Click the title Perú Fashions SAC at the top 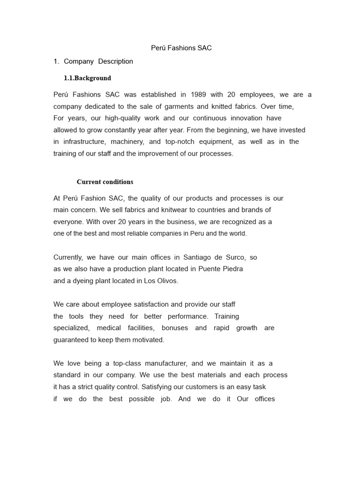(181, 48)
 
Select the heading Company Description (98, 61)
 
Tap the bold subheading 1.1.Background (87, 78)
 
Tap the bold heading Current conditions (105, 182)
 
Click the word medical (109, 328)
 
